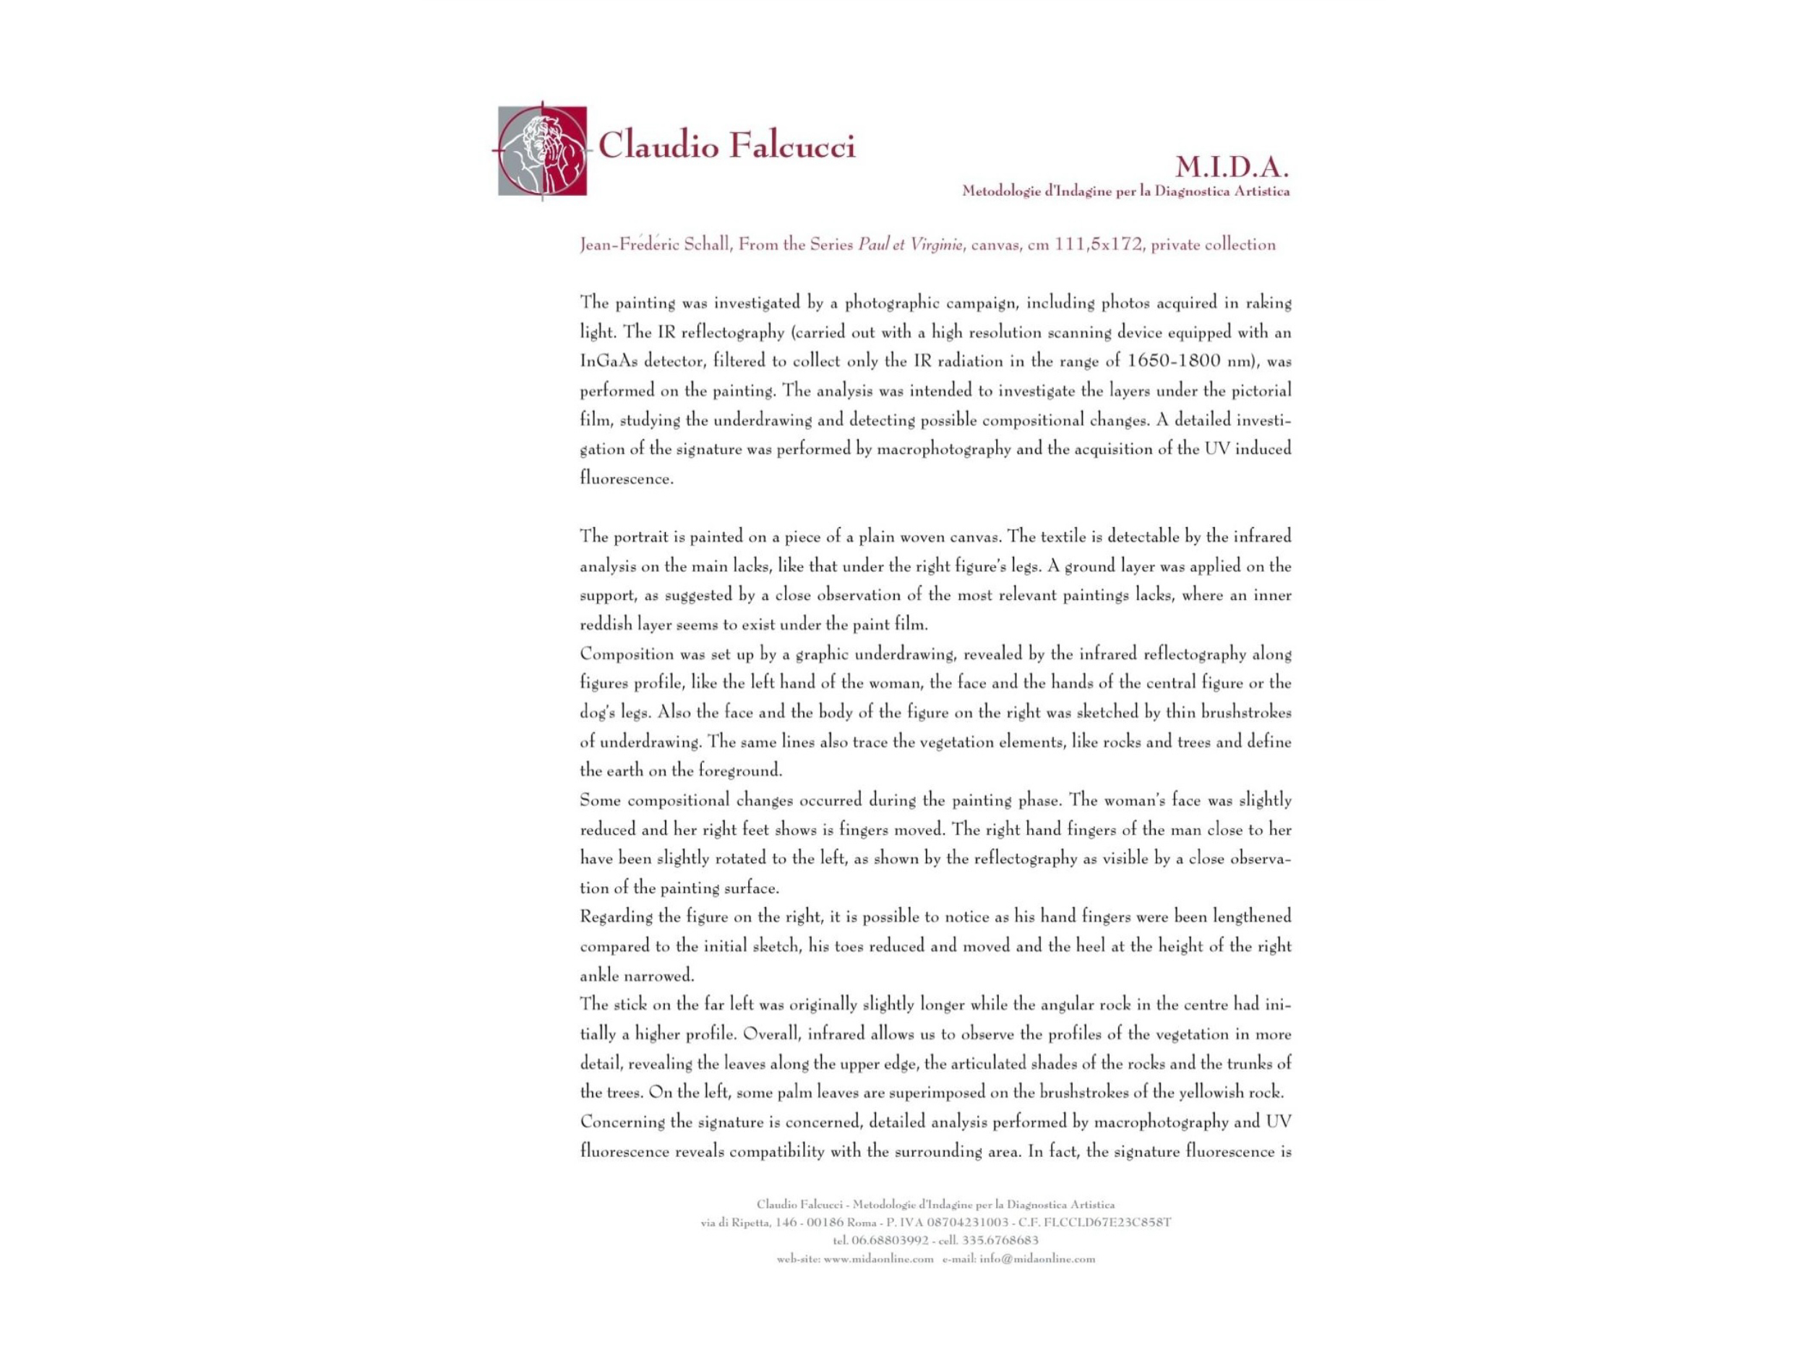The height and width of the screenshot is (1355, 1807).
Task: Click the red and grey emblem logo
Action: (542, 150)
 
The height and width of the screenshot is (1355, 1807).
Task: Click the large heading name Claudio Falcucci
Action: (726, 147)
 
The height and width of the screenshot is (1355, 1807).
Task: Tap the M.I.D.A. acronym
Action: (1231, 168)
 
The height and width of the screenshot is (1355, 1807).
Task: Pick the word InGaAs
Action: (609, 361)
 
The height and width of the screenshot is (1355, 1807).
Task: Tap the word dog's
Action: (597, 713)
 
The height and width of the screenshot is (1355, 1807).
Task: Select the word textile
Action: (1047, 537)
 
